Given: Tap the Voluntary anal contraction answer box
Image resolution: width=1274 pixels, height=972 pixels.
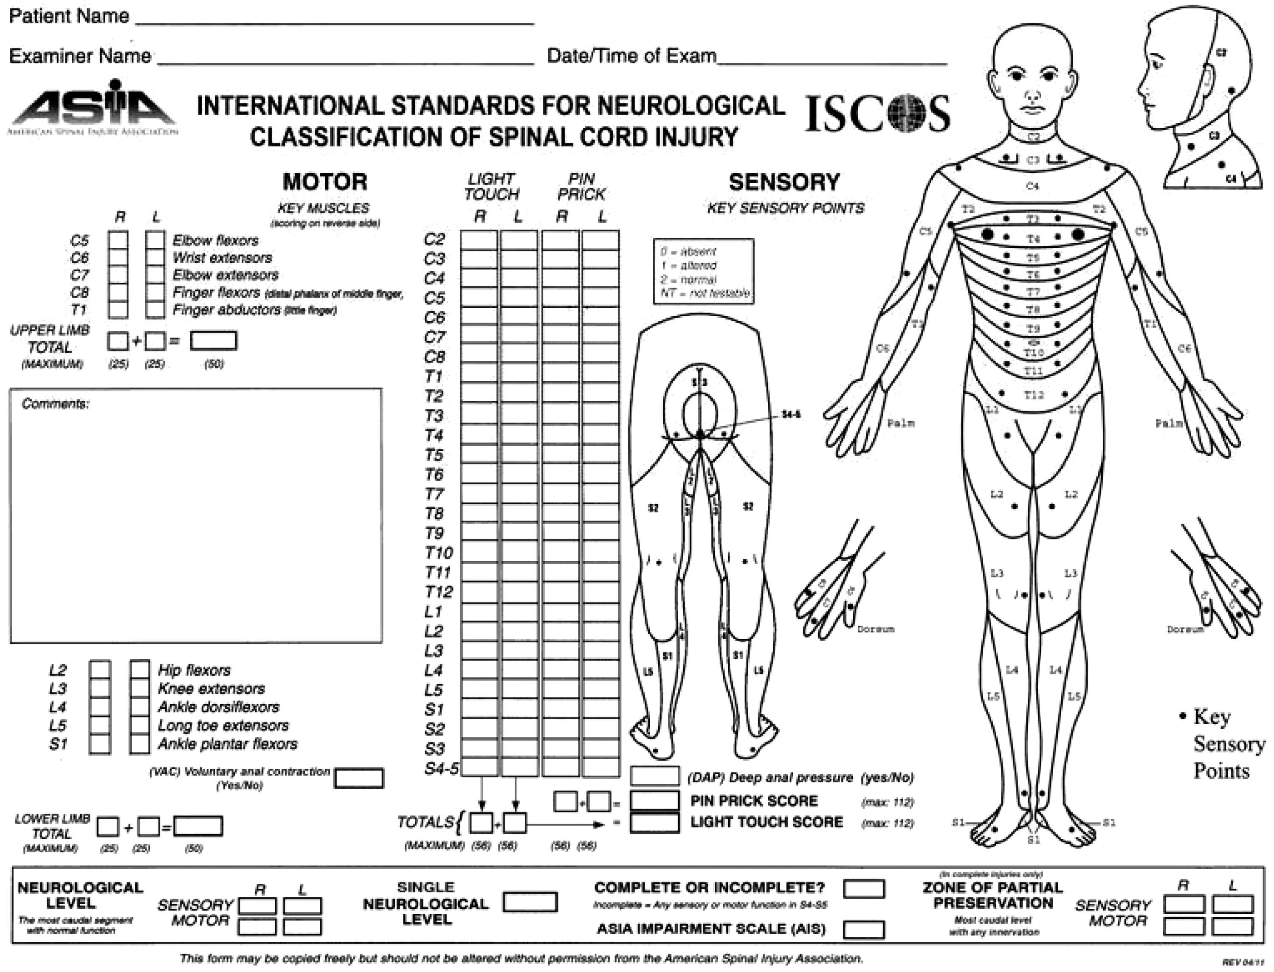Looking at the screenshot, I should coord(358,778).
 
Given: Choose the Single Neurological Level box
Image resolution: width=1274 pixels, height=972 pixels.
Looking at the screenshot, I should coord(530,902).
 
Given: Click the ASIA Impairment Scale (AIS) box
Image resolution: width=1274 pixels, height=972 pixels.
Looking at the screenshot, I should coord(864,929).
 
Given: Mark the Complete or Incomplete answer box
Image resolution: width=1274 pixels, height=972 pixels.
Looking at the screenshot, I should coord(864,889).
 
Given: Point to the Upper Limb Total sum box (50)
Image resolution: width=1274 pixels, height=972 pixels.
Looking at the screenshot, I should coord(214,341).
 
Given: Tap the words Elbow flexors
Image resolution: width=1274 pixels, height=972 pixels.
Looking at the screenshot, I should coord(215,241).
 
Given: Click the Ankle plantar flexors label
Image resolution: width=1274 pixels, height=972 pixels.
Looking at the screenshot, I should coord(228,744).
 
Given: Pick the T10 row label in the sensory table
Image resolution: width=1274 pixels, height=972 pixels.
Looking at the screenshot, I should coord(438,553).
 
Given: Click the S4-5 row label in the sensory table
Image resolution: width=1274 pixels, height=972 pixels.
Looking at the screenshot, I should coord(441,768).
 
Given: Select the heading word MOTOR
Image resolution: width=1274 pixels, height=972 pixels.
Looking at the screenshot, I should coord(325,182).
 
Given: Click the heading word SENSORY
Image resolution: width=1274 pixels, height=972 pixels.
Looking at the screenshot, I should coord(784,182).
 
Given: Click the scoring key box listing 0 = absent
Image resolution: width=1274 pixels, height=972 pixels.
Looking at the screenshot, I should coord(703,271).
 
